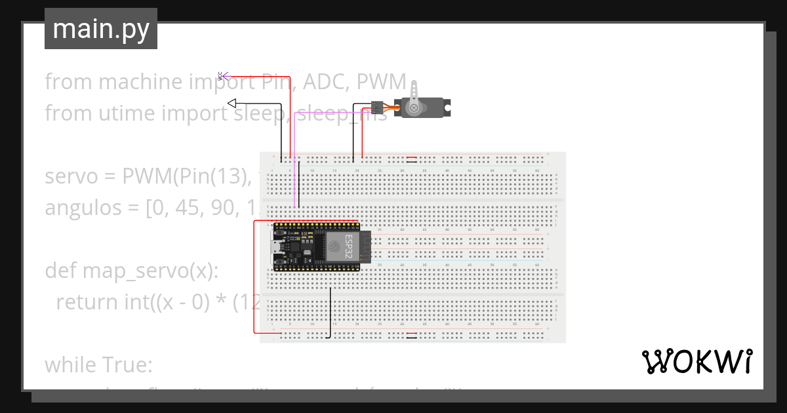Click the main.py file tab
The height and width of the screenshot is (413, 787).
tap(100, 29)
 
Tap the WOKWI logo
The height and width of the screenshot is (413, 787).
tap(696, 362)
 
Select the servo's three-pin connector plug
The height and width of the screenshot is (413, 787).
tap(376, 106)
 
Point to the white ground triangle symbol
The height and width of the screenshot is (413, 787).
tap(232, 103)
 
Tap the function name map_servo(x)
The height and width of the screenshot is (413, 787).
tap(150, 270)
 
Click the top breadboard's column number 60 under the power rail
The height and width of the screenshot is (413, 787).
tap(537, 171)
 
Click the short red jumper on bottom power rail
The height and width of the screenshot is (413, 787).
tap(411, 334)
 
